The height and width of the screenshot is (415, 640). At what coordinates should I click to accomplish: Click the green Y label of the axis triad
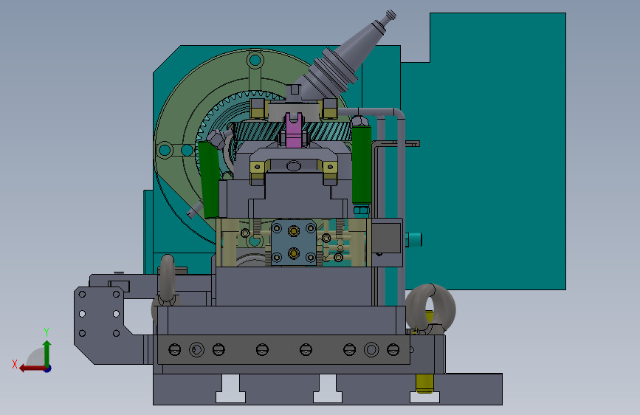[47, 332]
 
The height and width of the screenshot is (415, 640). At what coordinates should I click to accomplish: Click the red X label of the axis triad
[15, 364]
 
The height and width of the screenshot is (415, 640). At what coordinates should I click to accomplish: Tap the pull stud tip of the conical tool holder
[390, 15]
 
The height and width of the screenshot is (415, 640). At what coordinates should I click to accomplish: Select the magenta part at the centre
[294, 129]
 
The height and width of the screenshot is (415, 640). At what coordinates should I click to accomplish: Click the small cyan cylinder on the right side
[413, 240]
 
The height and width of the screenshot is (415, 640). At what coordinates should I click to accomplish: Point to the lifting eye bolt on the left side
[167, 281]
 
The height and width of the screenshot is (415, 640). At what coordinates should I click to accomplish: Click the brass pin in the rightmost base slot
[425, 384]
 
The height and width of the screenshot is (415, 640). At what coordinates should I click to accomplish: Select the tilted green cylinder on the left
[210, 178]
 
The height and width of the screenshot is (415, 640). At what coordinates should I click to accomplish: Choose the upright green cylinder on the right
[362, 164]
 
